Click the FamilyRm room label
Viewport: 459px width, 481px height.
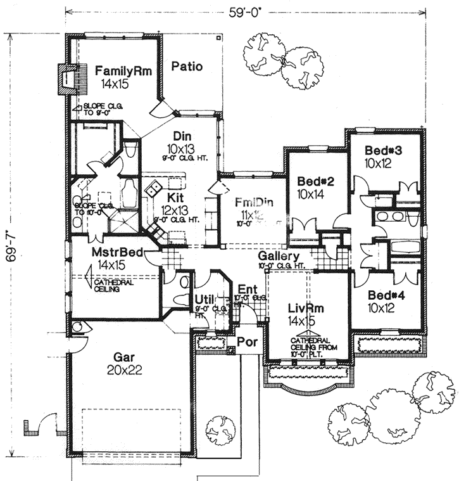pyautogui.click(x=122, y=71)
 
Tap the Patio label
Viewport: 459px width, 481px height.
pyautogui.click(x=187, y=66)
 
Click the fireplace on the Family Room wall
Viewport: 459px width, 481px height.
pyautogui.click(x=66, y=79)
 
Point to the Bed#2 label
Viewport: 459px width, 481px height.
pyautogui.click(x=315, y=183)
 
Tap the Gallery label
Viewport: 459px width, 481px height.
pyautogui.click(x=279, y=255)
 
